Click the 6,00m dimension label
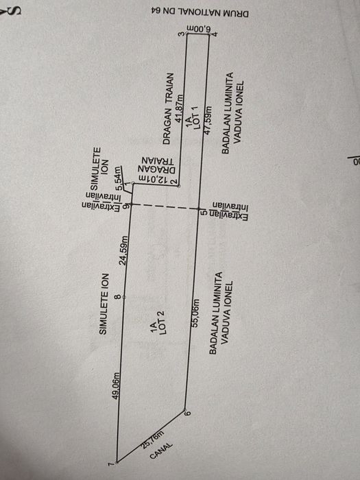coord(197,29)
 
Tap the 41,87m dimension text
coord(180,108)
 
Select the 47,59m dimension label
coord(208,121)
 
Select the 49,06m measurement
coord(116,385)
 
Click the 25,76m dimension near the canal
coord(153,439)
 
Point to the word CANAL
coord(161,451)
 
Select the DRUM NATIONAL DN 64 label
coord(200,13)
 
